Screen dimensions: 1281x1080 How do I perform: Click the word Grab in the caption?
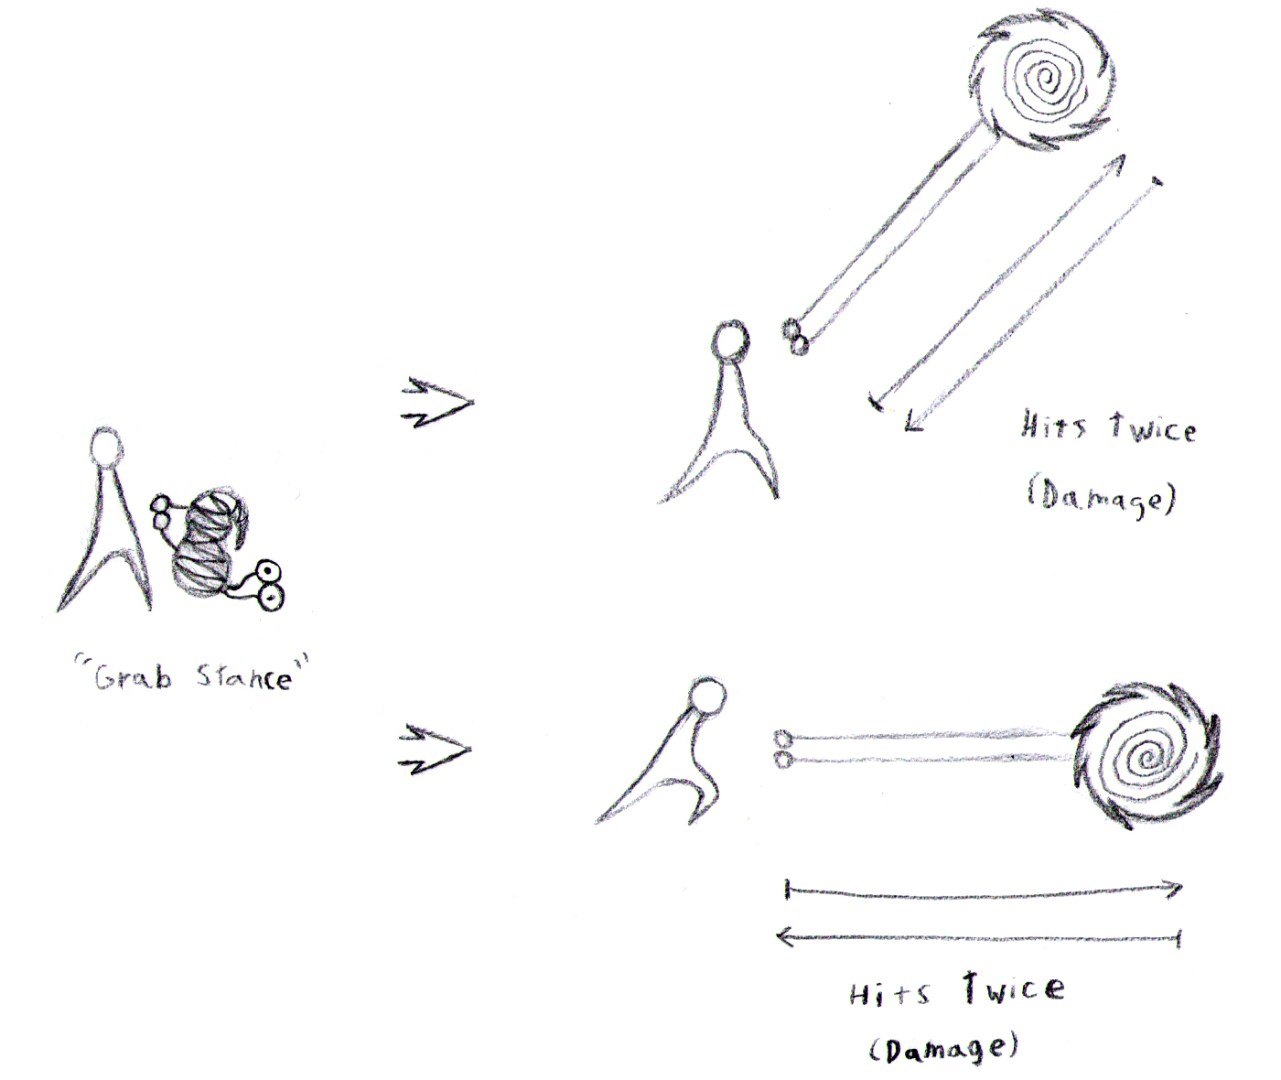[x=133, y=677]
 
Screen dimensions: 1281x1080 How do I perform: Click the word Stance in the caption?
[x=244, y=677]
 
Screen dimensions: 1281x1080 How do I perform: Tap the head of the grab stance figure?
[x=106, y=447]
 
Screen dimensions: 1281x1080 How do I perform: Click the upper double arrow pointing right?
[x=436, y=403]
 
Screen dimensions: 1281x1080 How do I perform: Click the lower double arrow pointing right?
[x=435, y=750]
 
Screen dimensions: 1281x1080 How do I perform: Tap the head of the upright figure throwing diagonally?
[x=731, y=340]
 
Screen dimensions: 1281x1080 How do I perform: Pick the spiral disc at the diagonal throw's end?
[x=1042, y=80]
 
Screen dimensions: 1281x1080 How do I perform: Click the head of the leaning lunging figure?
[x=707, y=696]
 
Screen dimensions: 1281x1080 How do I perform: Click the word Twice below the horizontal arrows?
[x=1015, y=988]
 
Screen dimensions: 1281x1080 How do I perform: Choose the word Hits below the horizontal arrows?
[x=889, y=994]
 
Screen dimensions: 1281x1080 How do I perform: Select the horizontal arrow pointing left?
[x=978, y=937]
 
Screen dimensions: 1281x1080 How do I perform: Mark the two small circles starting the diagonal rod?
[x=794, y=336]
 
